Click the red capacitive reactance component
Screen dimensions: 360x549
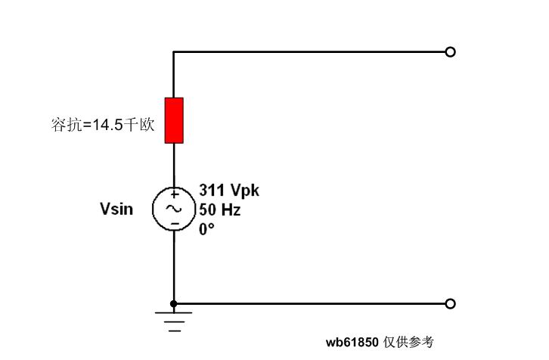(174, 120)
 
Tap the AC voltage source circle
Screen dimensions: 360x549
(174, 209)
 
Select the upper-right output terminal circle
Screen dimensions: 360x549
(451, 52)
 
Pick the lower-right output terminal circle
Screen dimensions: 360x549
(451, 304)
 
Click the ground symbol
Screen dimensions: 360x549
(175, 321)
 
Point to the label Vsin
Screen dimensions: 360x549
(116, 209)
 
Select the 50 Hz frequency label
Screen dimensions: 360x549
(220, 210)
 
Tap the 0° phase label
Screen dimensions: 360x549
(207, 229)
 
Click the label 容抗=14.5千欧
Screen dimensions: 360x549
(103, 125)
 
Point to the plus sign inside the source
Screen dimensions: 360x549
(174, 194)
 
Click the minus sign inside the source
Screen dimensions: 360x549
(174, 224)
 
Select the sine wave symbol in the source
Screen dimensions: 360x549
(174, 209)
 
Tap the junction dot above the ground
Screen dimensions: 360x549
(174, 304)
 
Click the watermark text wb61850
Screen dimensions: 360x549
(352, 343)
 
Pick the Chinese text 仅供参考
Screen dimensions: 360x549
(408, 343)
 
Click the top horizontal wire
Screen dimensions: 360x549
(310, 52)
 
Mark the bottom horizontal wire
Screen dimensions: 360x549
(310, 304)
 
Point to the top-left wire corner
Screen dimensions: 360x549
(174, 52)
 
